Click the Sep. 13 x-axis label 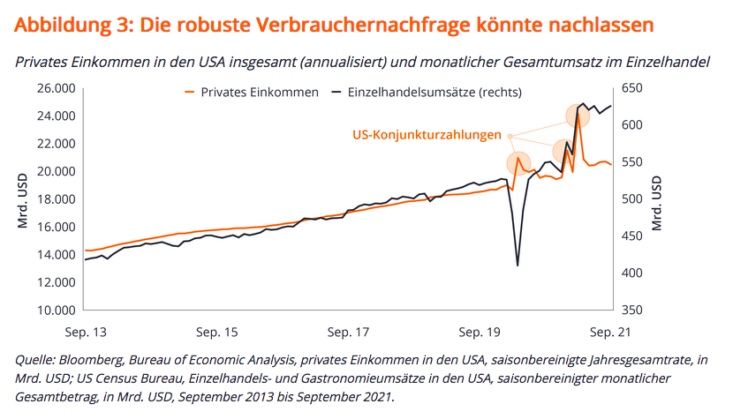85,333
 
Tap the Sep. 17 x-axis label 347,333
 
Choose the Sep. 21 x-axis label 611,333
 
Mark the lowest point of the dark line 517,266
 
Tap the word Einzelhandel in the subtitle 659,62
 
